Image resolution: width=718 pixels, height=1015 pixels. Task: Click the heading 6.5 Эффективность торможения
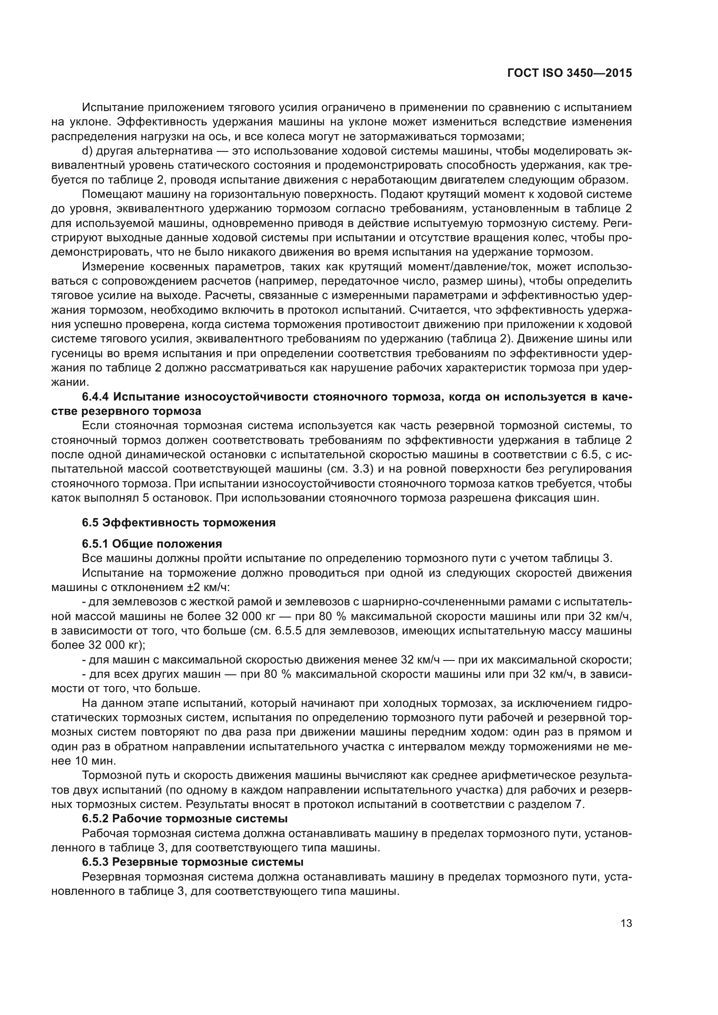tap(178, 522)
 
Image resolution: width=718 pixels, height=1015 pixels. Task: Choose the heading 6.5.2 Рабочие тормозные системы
tap(184, 819)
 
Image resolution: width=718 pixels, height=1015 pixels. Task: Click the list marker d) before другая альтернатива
tap(87, 151)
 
